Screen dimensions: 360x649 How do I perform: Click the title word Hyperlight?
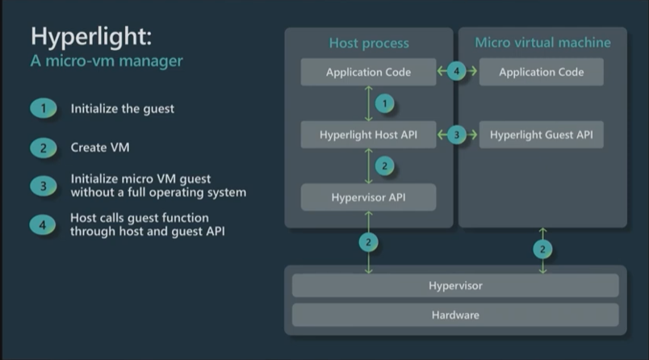point(91,37)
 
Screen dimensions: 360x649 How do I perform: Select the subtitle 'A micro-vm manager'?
point(107,61)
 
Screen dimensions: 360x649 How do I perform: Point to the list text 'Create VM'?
point(100,148)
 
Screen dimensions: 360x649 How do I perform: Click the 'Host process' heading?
point(369,43)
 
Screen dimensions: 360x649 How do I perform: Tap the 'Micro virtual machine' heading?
point(542,43)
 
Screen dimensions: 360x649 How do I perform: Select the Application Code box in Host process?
point(368,73)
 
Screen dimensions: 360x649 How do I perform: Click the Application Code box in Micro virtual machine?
point(541,73)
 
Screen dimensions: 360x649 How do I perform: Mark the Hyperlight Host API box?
point(368,135)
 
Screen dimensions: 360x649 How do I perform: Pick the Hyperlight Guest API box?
point(541,135)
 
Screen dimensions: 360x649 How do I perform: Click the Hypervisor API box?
point(368,197)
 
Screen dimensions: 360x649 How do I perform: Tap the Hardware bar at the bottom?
point(455,315)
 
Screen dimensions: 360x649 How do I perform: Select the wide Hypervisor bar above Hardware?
point(455,286)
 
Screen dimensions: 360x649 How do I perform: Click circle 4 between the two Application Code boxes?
point(457,72)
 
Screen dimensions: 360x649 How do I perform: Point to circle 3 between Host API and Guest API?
point(457,135)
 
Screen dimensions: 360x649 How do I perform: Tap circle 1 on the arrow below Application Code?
point(386,103)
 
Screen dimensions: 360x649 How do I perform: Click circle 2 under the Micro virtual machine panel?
point(542,249)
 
